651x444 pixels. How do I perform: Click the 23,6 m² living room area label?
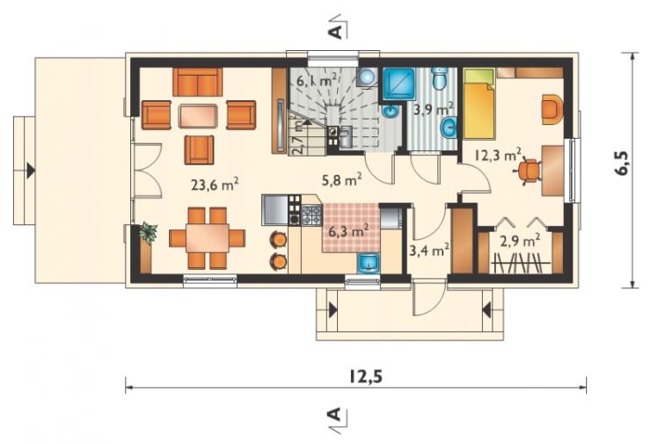click(x=215, y=185)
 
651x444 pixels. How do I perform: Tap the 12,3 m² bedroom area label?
click(x=498, y=156)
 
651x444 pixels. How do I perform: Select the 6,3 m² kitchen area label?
click(x=348, y=230)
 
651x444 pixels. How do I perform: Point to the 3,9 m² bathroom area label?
click(x=433, y=110)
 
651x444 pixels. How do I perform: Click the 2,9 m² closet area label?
click(x=520, y=240)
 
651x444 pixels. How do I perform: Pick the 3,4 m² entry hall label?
click(x=429, y=250)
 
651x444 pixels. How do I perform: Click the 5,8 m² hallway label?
click(x=341, y=178)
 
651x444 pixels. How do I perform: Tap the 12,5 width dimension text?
click(x=365, y=376)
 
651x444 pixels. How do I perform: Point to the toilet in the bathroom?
click(x=439, y=78)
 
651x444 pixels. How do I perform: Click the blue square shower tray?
click(x=399, y=84)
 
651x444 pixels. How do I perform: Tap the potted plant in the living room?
click(x=148, y=232)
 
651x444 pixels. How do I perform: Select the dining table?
click(x=207, y=237)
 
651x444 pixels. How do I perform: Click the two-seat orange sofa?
click(x=198, y=82)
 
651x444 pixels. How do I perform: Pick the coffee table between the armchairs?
click(x=198, y=116)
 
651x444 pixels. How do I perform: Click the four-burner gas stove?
click(x=311, y=215)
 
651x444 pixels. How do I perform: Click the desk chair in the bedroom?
click(x=530, y=171)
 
